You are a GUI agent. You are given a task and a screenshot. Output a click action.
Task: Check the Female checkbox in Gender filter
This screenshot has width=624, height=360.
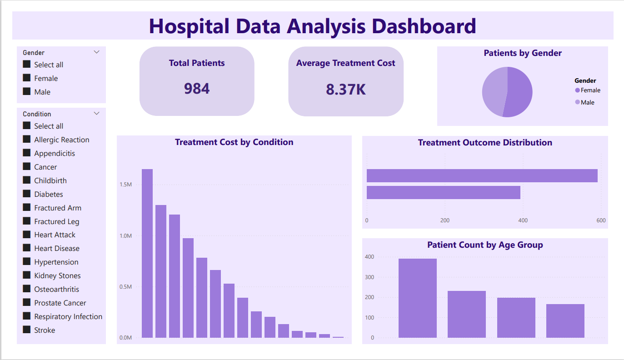pyautogui.click(x=27, y=78)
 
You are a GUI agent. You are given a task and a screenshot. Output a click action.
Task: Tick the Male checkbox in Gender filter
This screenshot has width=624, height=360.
pyautogui.click(x=27, y=92)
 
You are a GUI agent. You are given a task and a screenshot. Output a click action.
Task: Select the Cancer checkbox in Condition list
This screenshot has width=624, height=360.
pyautogui.click(x=27, y=167)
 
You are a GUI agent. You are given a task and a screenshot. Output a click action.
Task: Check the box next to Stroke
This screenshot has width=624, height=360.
pyautogui.click(x=27, y=330)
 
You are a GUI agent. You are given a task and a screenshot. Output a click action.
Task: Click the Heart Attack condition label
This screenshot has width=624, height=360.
pyautogui.click(x=55, y=235)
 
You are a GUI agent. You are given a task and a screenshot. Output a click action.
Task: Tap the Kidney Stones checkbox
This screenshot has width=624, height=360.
pyautogui.click(x=27, y=275)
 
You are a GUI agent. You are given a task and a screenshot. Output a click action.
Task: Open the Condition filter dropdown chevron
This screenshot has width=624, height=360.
pyautogui.click(x=96, y=114)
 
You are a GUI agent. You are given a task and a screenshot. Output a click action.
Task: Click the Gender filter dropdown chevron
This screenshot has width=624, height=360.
pyautogui.click(x=96, y=52)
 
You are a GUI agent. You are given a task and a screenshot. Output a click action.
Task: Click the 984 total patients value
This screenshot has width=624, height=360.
pyautogui.click(x=197, y=89)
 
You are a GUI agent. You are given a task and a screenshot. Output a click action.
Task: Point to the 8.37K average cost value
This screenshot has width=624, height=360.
pyautogui.click(x=345, y=90)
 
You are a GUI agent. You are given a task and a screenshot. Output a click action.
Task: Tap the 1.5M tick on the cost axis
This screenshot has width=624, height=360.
pyautogui.click(x=126, y=185)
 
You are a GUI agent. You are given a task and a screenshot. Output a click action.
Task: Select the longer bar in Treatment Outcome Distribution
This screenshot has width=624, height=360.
pyautogui.click(x=482, y=176)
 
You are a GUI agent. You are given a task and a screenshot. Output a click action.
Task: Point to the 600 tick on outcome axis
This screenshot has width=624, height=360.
pyautogui.click(x=601, y=220)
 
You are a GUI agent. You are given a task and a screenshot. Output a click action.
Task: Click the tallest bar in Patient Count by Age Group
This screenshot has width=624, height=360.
pyautogui.click(x=417, y=298)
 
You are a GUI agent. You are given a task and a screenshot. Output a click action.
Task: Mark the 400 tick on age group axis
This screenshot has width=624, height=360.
pyautogui.click(x=369, y=257)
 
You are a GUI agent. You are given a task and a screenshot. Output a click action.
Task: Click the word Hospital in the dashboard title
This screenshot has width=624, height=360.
pyautogui.click(x=189, y=26)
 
